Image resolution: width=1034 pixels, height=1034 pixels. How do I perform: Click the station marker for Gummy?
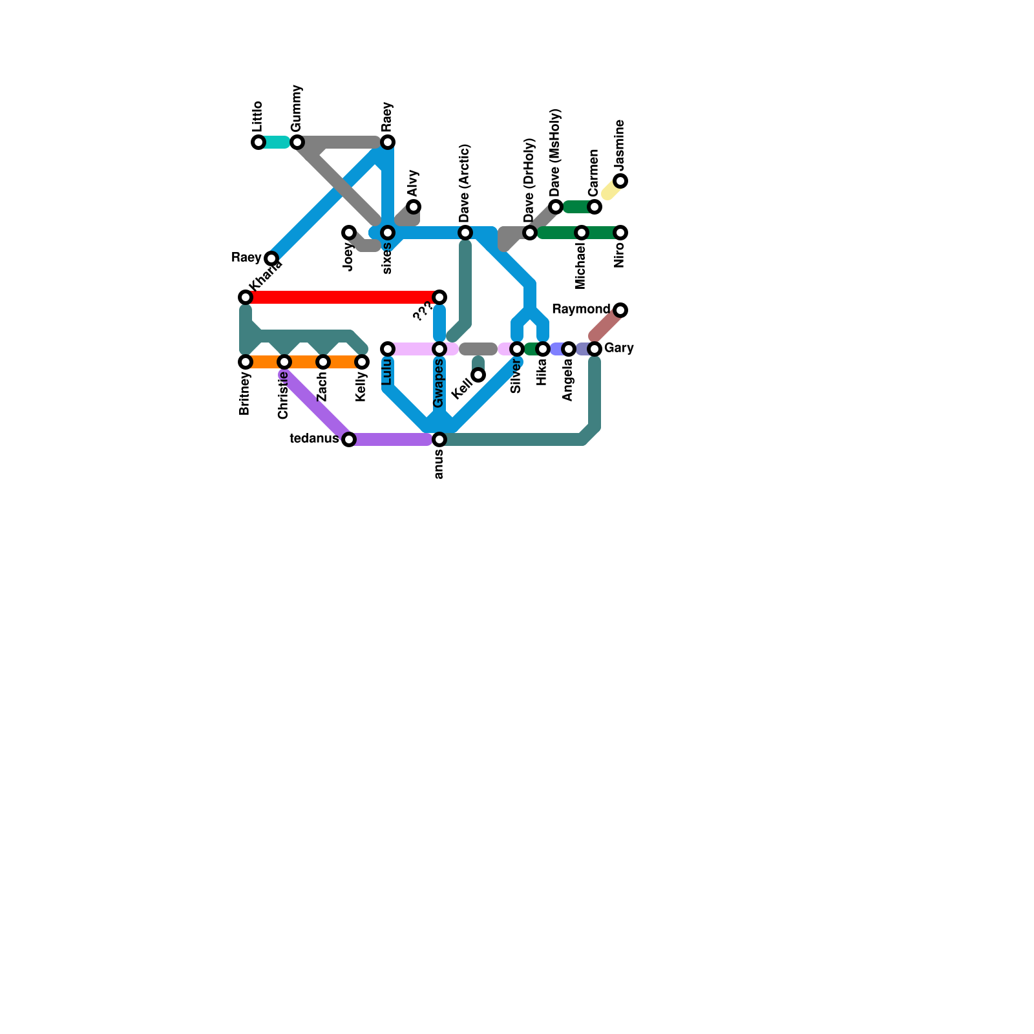297,142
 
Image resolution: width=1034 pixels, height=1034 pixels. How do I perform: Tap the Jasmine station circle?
620,181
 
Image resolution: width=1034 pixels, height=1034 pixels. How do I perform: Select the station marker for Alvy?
414,207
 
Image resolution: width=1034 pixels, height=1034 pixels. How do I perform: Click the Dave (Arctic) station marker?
465,233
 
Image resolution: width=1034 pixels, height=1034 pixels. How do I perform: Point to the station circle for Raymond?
620,310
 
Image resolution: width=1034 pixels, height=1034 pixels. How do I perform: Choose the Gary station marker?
595,349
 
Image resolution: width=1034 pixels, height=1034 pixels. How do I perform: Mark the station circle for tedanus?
349,439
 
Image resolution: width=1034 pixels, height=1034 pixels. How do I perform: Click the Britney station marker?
246,362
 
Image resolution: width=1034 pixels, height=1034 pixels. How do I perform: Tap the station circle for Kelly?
362,362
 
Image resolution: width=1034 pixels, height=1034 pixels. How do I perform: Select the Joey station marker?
349,233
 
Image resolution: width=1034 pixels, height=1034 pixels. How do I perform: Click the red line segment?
343,297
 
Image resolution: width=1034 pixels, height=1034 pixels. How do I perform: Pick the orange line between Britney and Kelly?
304,362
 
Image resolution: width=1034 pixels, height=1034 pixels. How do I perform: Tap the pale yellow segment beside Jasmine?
610,190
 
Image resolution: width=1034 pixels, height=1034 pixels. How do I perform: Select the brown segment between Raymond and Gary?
606,324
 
